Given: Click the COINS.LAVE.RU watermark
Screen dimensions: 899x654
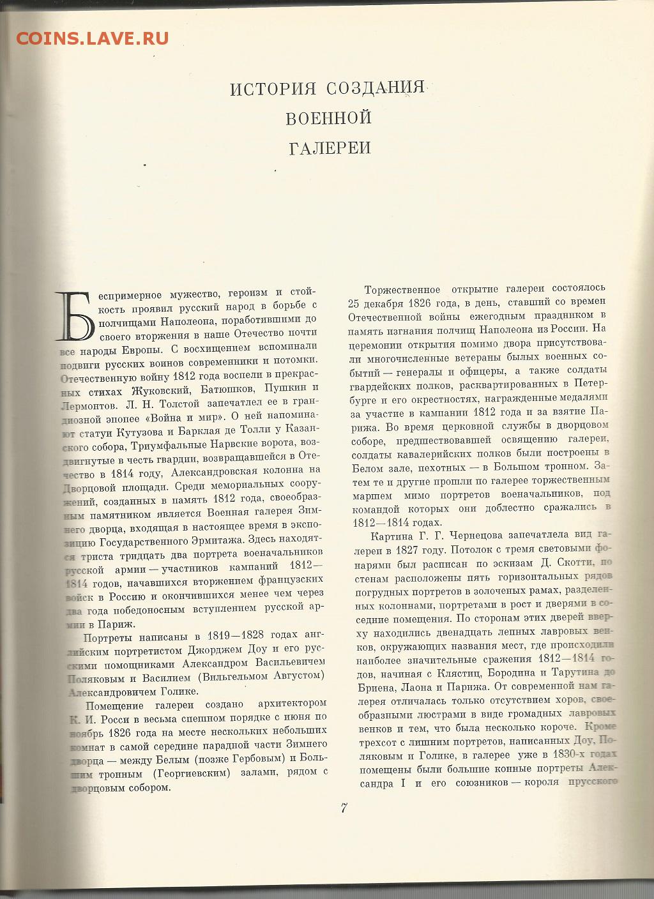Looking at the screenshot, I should coord(93,38).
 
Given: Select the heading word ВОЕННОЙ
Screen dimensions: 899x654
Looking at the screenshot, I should coord(328,118).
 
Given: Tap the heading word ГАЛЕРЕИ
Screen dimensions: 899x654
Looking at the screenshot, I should coord(330,148).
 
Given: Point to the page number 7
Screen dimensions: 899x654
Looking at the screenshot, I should coord(343,808).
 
